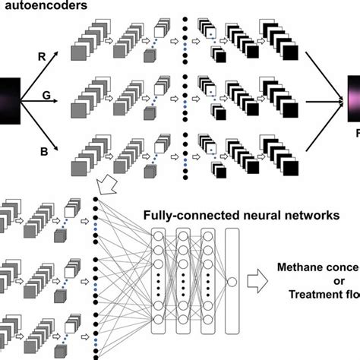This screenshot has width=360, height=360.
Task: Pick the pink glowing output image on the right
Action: [x=353, y=99]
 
